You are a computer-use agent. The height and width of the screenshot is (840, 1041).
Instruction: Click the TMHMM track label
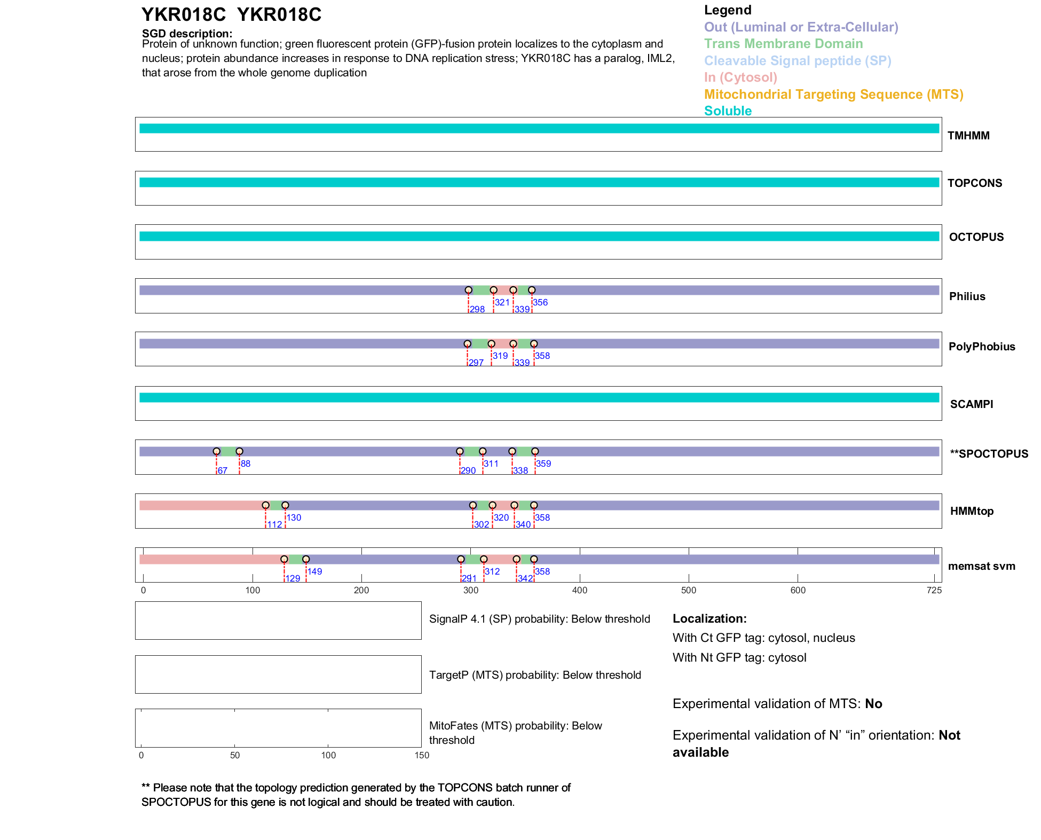[x=968, y=136]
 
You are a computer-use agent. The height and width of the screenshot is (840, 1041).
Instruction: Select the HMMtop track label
[x=972, y=511]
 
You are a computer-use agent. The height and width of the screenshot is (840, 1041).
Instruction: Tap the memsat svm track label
[x=981, y=566]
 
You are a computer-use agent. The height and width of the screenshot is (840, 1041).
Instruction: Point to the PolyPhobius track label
[x=981, y=347]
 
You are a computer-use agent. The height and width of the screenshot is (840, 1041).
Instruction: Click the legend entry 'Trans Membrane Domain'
[x=783, y=44]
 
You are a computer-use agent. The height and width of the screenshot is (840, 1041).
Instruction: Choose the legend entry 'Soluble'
[x=728, y=111]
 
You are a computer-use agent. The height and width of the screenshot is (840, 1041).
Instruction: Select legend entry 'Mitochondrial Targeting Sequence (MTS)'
[x=833, y=95]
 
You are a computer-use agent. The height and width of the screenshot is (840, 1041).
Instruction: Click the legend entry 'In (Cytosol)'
[x=740, y=77]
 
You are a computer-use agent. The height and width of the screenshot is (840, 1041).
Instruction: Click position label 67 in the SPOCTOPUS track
[x=223, y=470]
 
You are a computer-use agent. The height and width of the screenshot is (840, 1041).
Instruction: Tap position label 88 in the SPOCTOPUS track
[x=246, y=464]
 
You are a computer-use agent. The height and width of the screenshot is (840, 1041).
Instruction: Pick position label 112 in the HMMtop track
[x=275, y=524]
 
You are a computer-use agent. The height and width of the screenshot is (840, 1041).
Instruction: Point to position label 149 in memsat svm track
[x=315, y=571]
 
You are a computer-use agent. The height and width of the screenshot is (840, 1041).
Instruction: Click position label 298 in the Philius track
[x=477, y=309]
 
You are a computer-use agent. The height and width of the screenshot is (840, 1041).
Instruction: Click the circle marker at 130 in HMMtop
[x=285, y=505]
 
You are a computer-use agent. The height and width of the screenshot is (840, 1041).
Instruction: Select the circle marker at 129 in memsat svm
[x=284, y=559]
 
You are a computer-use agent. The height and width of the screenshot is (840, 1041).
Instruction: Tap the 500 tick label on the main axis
[x=689, y=590]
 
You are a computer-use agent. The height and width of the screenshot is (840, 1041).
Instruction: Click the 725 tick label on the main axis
[x=934, y=590]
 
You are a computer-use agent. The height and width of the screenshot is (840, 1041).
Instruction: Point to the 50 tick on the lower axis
[x=235, y=755]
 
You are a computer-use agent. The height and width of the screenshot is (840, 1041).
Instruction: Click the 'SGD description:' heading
[x=187, y=34]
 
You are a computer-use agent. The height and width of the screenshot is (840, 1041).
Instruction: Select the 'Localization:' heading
[x=709, y=619]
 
